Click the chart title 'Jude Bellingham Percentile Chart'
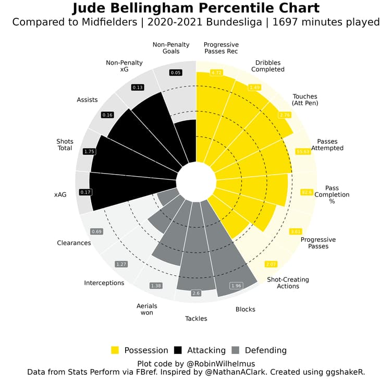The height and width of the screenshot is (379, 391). click(195, 9)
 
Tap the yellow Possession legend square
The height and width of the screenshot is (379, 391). click(115, 350)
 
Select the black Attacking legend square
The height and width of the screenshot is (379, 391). click(178, 350)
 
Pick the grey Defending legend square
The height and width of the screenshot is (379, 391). click(235, 350)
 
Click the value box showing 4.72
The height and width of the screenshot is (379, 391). click(216, 72)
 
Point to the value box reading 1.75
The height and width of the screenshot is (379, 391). click(89, 151)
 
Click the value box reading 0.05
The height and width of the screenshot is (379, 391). click(175, 73)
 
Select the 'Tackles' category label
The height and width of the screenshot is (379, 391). click(196, 319)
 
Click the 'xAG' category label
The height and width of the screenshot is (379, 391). click(60, 194)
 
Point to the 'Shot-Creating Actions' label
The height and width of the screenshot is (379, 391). click(288, 283)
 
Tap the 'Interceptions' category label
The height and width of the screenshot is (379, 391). click(104, 283)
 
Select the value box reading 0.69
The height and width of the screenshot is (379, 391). click(96, 231)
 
